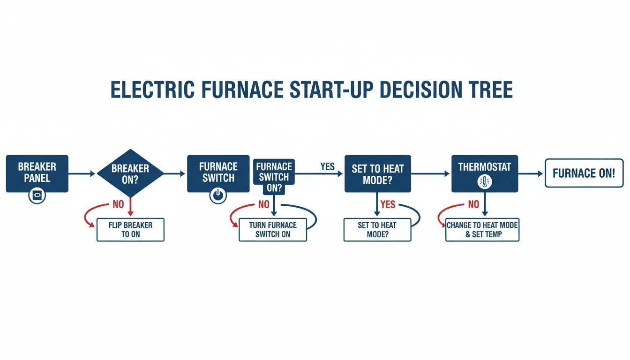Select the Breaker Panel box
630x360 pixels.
pyautogui.click(x=37, y=173)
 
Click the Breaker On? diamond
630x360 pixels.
pyautogui.click(x=130, y=173)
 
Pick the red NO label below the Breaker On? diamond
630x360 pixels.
pyautogui.click(x=119, y=204)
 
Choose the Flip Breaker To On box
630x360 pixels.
pyautogui.click(x=130, y=230)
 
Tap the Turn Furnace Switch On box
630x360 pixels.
pyautogui.click(x=273, y=230)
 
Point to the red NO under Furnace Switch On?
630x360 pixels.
pyautogui.click(x=264, y=204)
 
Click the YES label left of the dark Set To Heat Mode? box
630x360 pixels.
pyautogui.click(x=327, y=166)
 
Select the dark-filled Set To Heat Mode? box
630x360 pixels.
pyautogui.click(x=377, y=173)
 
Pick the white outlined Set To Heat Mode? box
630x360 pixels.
pyautogui.click(x=377, y=230)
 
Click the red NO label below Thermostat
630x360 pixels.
pyautogui.click(x=473, y=204)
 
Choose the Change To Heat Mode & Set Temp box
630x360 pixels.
pyautogui.click(x=482, y=230)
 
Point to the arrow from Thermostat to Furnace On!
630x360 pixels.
pyautogui.click(x=531, y=173)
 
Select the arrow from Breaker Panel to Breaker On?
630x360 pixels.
pyautogui.click(x=82, y=174)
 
